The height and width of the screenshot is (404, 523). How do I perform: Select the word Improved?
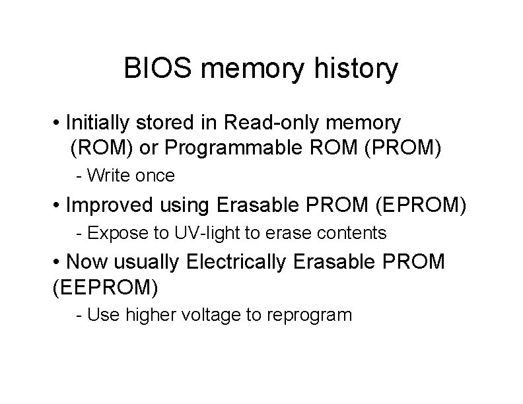tap(109, 205)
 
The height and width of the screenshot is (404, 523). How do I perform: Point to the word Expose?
tap(110, 234)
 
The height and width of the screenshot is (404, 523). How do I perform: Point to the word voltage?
tap(213, 315)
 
